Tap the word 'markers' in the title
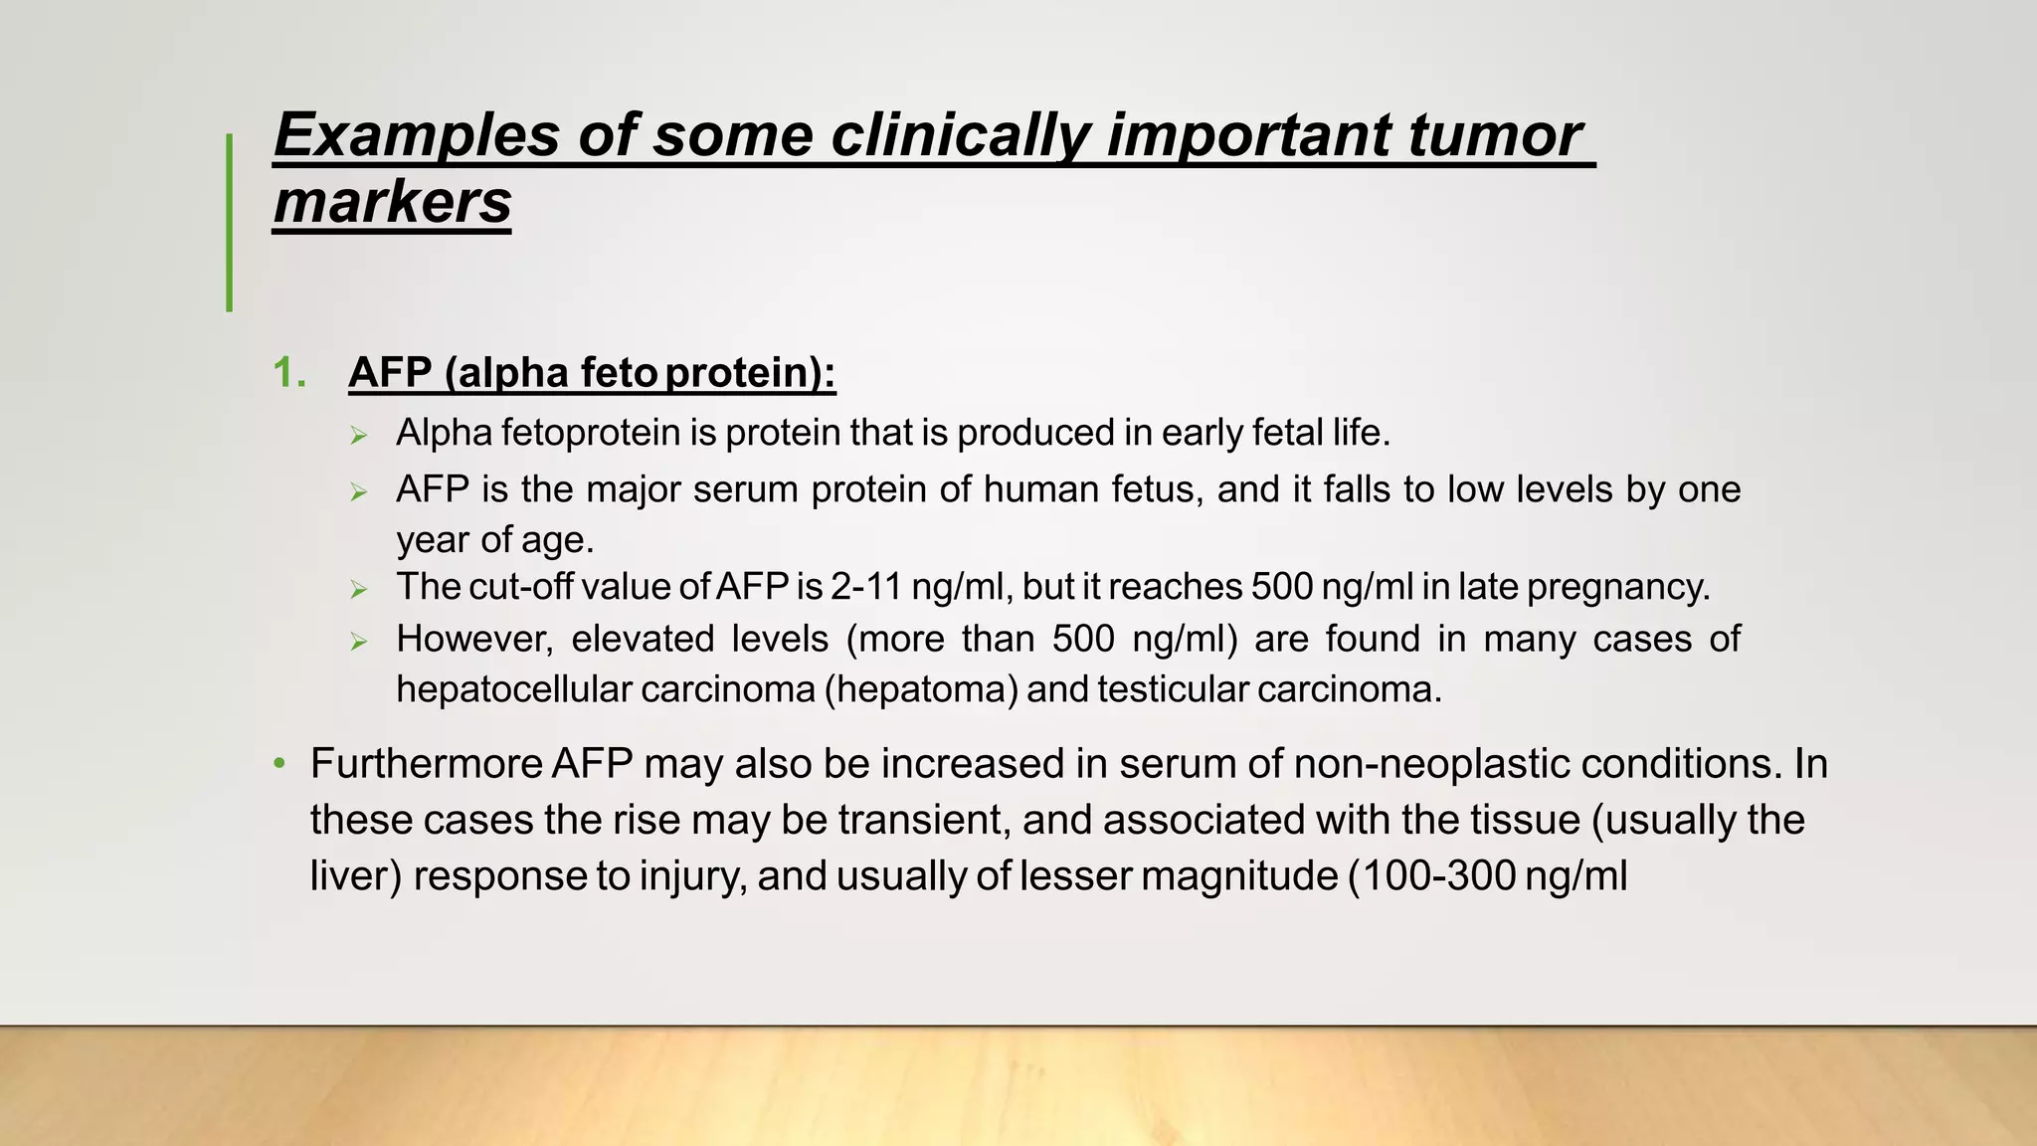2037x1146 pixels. pyautogui.click(x=392, y=202)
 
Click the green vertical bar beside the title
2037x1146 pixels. pyautogui.click(x=230, y=223)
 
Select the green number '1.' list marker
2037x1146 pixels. pyautogui.click(x=289, y=373)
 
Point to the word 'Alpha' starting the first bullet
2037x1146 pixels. pyautogui.click(x=443, y=433)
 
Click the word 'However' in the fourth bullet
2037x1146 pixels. pyautogui.click(x=473, y=639)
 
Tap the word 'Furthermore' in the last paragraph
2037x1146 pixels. pyautogui.click(x=426, y=764)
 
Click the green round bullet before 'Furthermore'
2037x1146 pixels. pyautogui.click(x=280, y=764)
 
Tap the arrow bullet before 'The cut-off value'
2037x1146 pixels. pyautogui.click(x=359, y=590)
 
